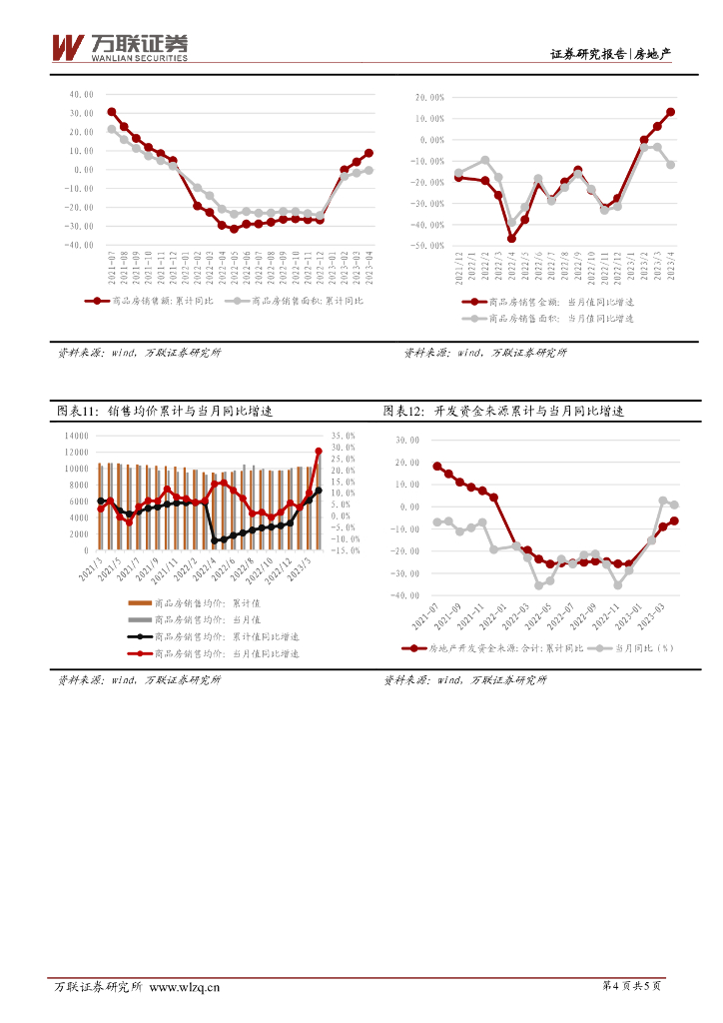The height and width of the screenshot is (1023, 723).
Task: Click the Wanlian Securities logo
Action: (119, 47)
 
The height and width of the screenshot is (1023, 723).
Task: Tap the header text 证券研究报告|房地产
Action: (610, 54)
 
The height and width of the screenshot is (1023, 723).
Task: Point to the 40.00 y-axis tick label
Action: (81, 94)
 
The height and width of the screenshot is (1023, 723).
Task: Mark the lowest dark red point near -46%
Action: (511, 239)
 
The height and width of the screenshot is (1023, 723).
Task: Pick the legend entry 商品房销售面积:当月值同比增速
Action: (559, 318)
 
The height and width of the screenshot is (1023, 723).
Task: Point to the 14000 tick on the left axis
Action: (75, 436)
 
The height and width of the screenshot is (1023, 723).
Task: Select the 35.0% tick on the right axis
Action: (344, 436)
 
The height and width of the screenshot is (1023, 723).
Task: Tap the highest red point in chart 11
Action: (319, 451)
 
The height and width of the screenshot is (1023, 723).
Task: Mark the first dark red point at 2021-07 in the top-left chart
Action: (112, 112)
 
